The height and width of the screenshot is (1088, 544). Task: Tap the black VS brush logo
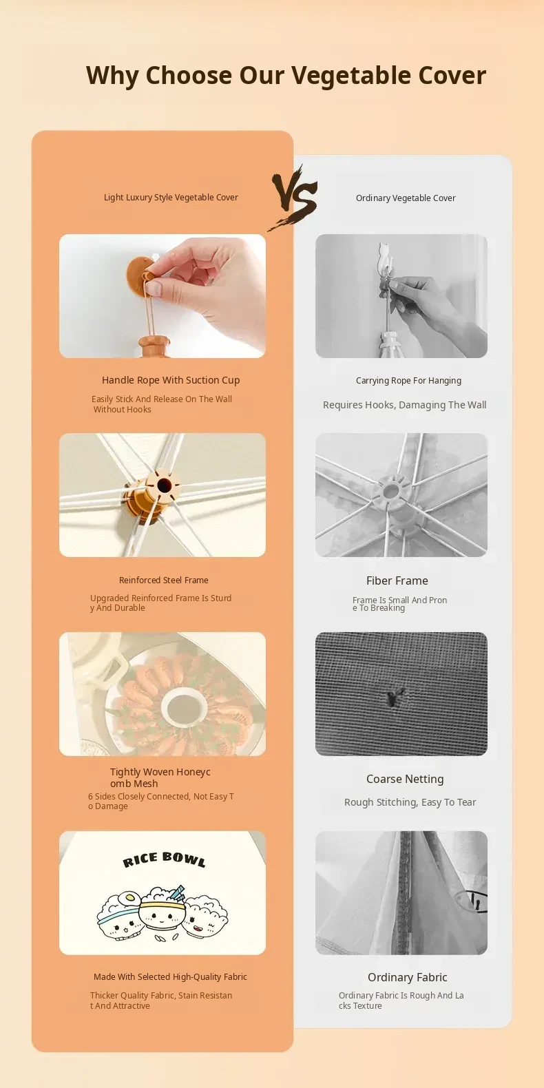293,197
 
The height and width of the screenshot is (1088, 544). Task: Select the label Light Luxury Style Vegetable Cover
171,198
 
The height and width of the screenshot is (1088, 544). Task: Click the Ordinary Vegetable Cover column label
406,198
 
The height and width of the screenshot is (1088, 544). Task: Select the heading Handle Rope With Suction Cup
171,380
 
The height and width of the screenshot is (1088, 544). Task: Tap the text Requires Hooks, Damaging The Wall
405,405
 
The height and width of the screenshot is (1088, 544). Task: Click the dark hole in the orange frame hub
164,485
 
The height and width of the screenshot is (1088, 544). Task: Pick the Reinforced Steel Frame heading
164,580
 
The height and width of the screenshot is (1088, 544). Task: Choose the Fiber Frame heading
397,581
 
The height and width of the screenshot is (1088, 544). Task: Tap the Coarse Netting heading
405,779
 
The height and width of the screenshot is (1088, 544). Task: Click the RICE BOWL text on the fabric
164,860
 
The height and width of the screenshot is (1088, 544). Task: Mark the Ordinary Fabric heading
408,977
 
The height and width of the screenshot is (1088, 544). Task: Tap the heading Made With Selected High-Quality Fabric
171,976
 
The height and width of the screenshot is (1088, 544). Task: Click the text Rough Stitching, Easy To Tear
410,802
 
